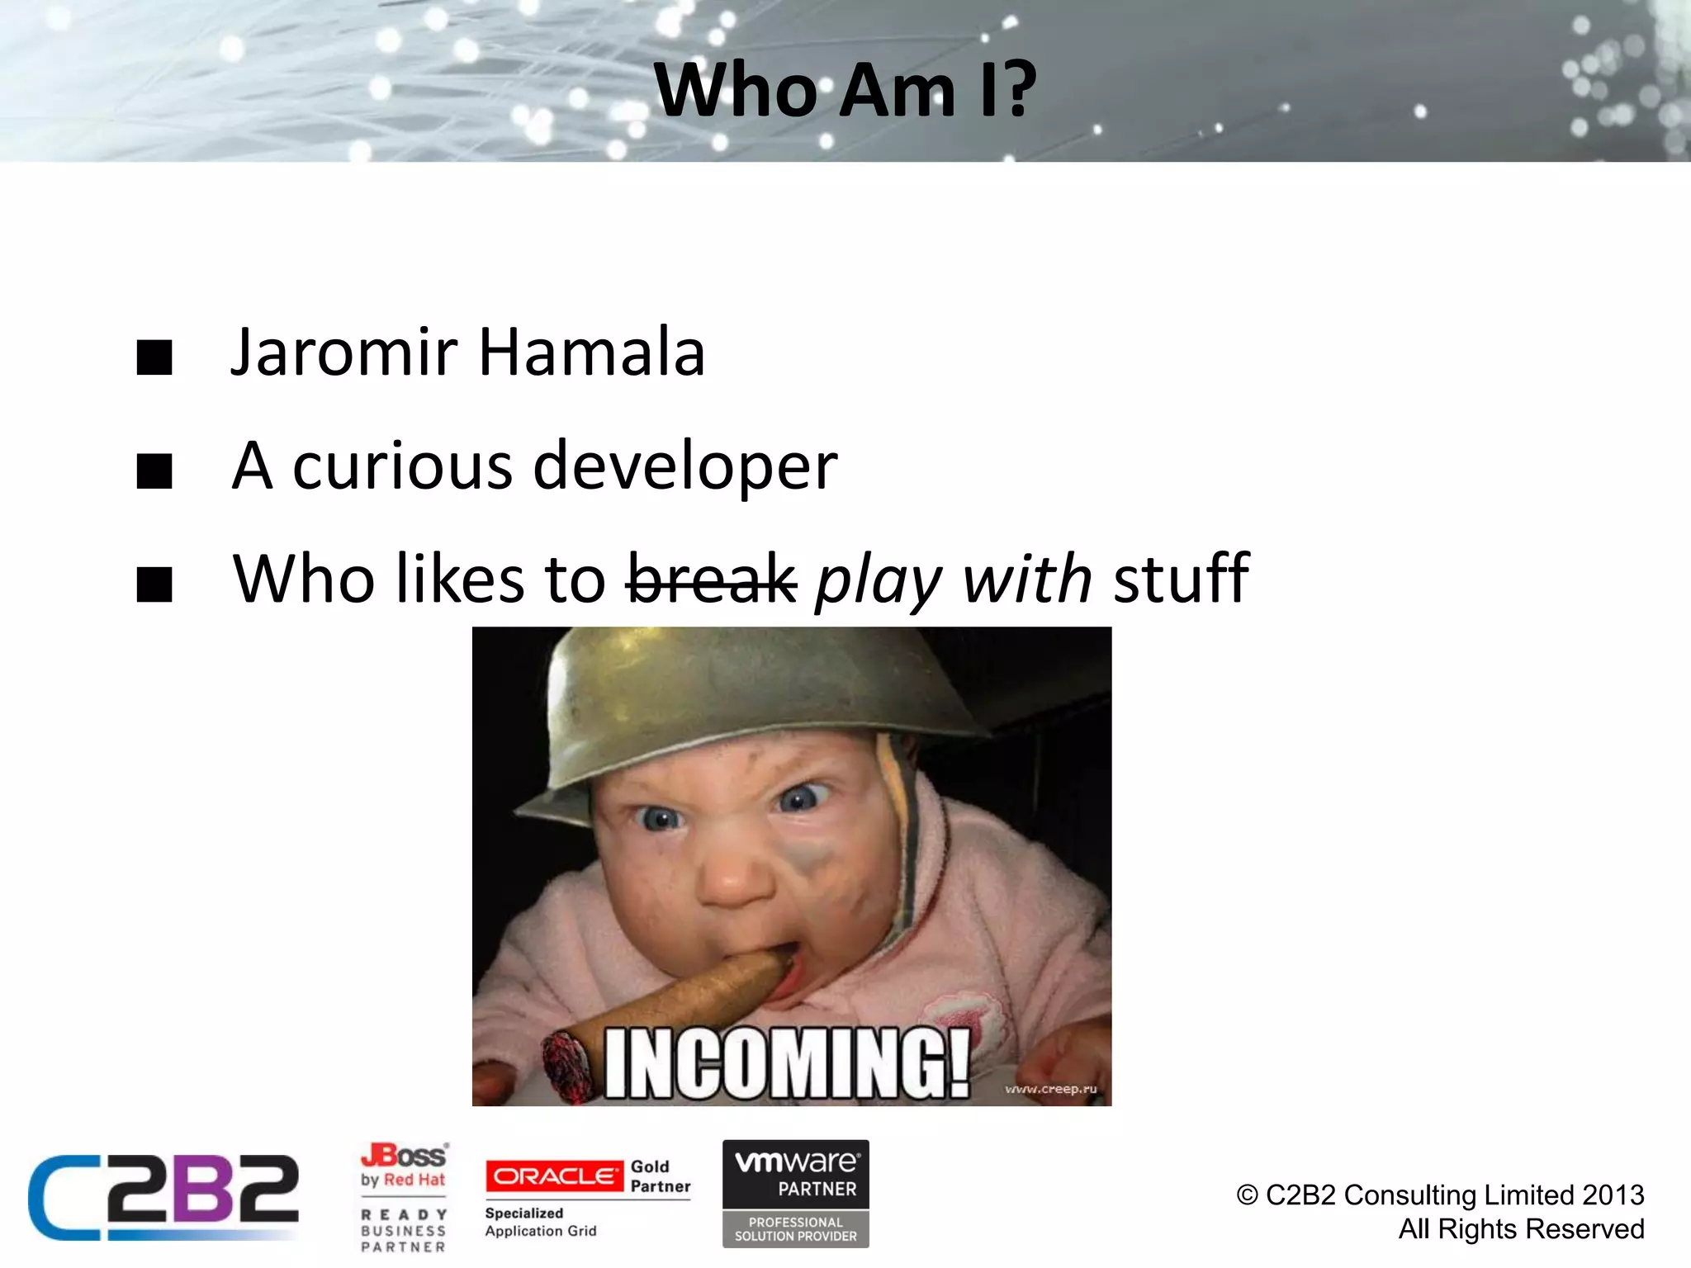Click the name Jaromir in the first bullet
(x=343, y=353)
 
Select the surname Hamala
(x=591, y=353)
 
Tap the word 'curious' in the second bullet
(x=402, y=466)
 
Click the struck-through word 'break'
(x=712, y=579)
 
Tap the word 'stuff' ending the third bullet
(x=1181, y=579)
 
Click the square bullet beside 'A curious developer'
(x=154, y=471)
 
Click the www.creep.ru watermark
(x=1050, y=1089)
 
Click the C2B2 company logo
(x=163, y=1197)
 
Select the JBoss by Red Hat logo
(x=404, y=1165)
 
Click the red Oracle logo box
(x=554, y=1176)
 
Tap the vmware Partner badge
(x=795, y=1193)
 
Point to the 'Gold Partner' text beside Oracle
(x=660, y=1176)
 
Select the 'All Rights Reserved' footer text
(x=1521, y=1229)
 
